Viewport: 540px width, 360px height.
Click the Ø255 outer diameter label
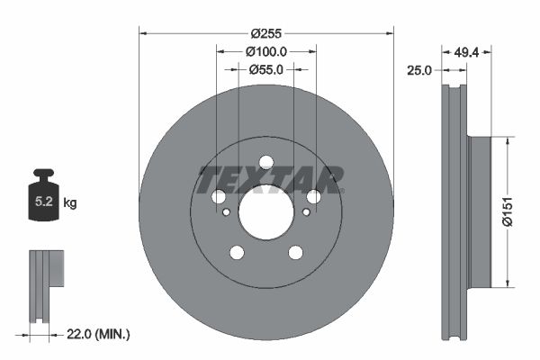pos(265,32)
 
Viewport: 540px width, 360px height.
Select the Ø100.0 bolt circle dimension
pos(265,51)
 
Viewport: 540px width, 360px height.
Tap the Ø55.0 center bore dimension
pos(265,68)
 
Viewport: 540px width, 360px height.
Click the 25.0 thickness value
pos(419,69)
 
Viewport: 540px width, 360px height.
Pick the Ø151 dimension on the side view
pos(506,211)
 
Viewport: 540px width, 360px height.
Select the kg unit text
pos(70,203)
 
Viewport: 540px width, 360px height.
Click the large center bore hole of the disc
pos(265,212)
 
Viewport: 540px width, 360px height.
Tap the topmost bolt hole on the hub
pos(265,163)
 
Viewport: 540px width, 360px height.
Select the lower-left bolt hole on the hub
pos(237,253)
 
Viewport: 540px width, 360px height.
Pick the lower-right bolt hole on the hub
pos(295,253)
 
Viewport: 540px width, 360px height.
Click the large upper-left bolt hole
pos(219,197)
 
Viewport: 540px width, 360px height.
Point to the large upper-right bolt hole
pos(313,197)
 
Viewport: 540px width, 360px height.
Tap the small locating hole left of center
pos(227,212)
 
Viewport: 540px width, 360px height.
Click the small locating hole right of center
pos(306,212)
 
